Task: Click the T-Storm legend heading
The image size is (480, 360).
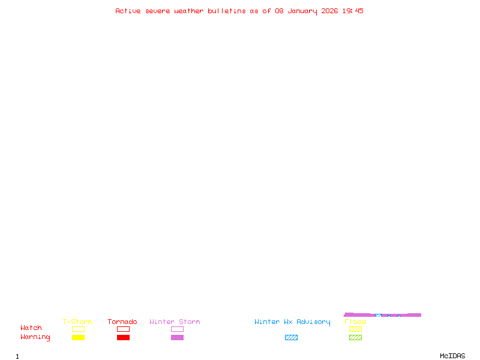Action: coord(77,322)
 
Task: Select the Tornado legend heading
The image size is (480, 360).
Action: coord(122,322)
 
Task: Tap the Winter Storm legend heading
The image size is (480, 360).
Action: coord(175,322)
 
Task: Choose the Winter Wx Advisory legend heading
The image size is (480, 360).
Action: coord(292,322)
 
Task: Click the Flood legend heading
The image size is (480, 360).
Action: coord(355,322)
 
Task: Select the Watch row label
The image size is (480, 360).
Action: coord(31,328)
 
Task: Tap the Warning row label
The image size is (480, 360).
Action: coord(35,337)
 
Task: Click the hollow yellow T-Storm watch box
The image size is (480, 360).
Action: coord(78,329)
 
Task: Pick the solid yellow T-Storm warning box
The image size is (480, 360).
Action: coord(78,338)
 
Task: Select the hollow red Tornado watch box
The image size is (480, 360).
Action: coord(123,329)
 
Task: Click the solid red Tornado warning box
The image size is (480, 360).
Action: coord(123,338)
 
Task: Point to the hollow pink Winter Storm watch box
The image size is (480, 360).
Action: coord(177,329)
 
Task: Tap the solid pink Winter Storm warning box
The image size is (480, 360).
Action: coord(177,338)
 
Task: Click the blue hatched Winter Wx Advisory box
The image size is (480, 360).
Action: coord(291,338)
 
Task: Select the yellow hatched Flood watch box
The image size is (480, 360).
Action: coord(355,329)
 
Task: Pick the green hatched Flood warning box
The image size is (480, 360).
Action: coord(355,338)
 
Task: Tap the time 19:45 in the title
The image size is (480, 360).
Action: coord(353,11)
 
